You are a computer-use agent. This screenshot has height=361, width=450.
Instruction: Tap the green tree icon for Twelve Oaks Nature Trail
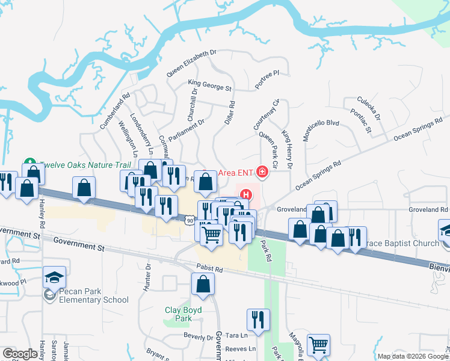point(28,162)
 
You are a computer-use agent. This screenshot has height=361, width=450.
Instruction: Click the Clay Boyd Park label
point(183,314)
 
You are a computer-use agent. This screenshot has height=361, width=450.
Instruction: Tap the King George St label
point(209,85)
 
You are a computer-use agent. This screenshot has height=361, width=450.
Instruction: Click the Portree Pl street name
point(267,80)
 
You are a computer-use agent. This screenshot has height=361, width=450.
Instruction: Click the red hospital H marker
point(246,194)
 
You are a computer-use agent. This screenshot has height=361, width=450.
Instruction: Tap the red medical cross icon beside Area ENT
point(262,173)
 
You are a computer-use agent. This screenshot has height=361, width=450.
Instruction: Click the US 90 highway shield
point(190,221)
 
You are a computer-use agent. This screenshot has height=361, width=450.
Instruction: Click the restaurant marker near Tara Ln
point(258,320)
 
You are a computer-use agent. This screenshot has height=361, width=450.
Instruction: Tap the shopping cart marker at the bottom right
point(318,345)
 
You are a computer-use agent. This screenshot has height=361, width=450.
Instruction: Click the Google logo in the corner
point(20,354)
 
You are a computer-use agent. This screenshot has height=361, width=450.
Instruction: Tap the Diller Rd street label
point(229,113)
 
